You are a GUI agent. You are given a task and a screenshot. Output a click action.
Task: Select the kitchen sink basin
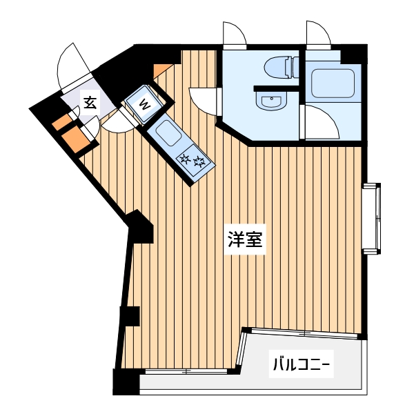(166, 131)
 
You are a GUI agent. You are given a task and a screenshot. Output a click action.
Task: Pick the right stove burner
(199, 164)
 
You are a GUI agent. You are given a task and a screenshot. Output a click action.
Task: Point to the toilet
(281, 68)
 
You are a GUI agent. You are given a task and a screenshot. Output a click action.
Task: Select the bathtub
(333, 82)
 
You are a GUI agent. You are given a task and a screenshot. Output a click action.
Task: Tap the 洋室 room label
(245, 241)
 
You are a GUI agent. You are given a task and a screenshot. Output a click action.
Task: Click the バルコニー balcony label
(302, 363)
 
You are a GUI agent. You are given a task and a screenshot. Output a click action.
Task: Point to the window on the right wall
(373, 218)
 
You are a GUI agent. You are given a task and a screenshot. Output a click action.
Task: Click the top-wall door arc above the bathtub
(319, 32)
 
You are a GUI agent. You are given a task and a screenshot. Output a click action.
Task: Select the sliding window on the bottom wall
(186, 372)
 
